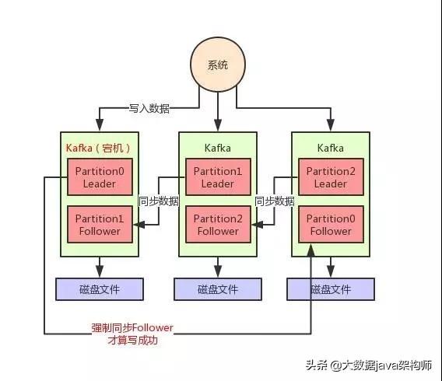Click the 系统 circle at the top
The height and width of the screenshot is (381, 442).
(218, 65)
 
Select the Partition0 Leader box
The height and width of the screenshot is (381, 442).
(100, 177)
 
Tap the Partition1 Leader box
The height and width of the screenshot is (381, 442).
(218, 177)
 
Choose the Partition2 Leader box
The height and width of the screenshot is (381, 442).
(331, 177)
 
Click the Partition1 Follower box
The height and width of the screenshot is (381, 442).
(100, 224)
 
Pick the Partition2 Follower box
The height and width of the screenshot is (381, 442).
(218, 224)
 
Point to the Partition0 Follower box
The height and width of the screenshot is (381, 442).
(331, 224)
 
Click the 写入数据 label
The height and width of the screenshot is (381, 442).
(149, 108)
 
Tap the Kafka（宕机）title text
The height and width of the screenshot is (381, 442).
(98, 148)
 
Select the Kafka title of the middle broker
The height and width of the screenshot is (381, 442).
(218, 148)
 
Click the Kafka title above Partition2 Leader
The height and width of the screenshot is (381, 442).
(331, 148)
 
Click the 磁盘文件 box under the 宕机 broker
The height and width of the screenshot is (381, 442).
(100, 289)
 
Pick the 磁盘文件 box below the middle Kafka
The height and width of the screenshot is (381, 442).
(218, 289)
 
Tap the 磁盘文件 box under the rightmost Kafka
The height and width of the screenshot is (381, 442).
(331, 289)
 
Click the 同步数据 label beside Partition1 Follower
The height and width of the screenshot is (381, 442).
(159, 201)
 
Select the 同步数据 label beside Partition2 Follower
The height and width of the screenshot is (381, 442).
(275, 201)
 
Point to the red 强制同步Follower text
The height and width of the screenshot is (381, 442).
(132, 328)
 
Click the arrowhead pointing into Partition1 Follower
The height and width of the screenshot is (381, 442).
(139, 225)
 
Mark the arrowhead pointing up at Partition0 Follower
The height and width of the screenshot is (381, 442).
(311, 250)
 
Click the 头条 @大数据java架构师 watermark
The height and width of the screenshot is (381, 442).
(369, 365)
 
